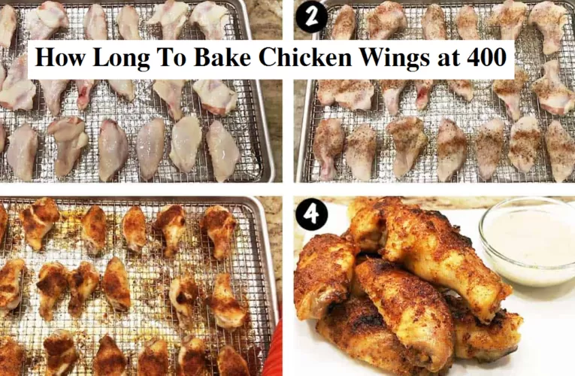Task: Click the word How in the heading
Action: pos(59,58)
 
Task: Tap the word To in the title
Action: pos(171,58)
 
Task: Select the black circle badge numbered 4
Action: pos(310,216)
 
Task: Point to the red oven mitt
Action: pos(272,353)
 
